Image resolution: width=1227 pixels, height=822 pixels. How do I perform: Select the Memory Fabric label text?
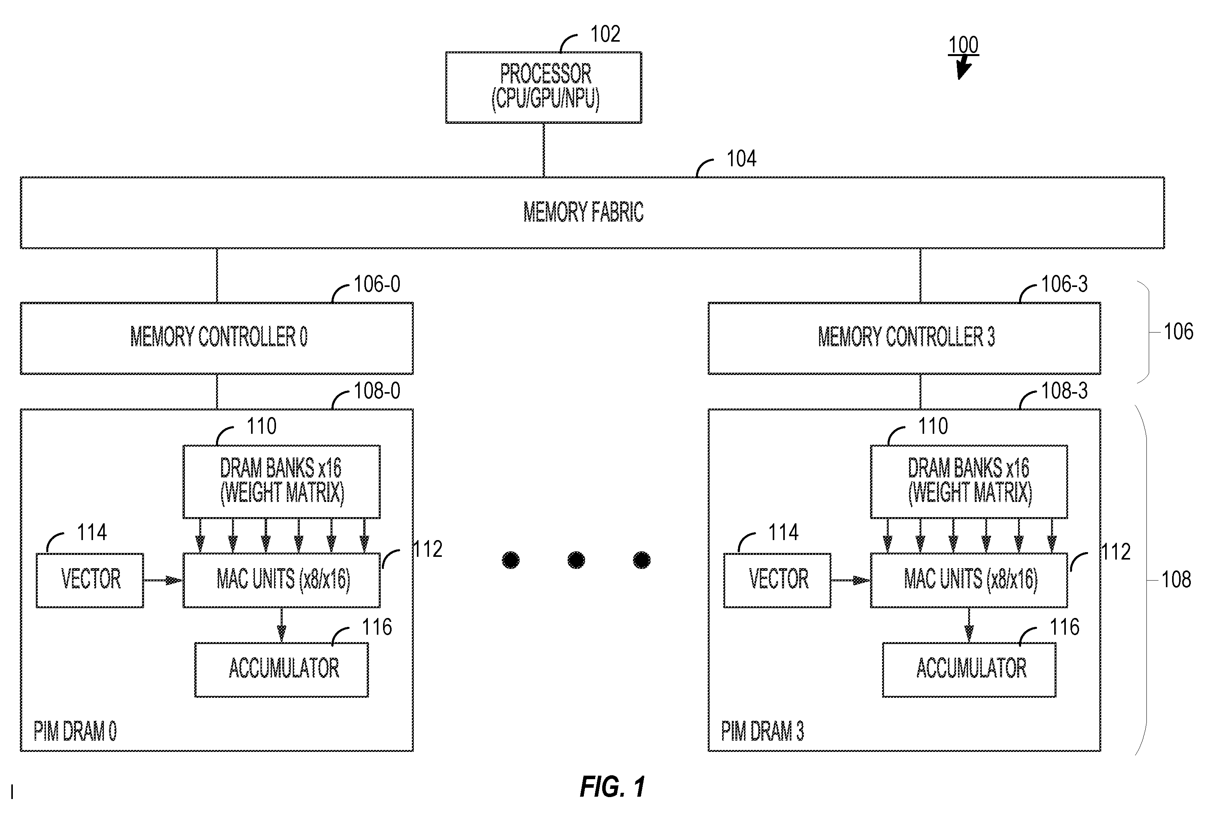584,212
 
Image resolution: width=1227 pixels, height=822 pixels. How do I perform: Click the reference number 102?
605,34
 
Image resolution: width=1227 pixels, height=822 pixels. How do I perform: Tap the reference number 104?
741,159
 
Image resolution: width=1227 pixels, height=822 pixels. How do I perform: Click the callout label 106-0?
377,284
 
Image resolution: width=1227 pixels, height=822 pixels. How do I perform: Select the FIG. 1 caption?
612,787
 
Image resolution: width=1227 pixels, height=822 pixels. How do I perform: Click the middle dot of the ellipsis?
576,560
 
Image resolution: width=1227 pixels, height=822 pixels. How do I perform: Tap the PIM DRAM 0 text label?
75,731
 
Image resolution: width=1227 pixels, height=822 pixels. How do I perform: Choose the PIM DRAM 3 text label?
762,731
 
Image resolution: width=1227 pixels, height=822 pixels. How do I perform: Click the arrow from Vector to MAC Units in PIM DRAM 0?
163,580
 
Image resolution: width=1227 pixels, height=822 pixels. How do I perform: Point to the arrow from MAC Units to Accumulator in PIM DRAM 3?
969,625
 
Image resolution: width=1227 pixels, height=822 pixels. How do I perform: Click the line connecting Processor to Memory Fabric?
543,150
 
